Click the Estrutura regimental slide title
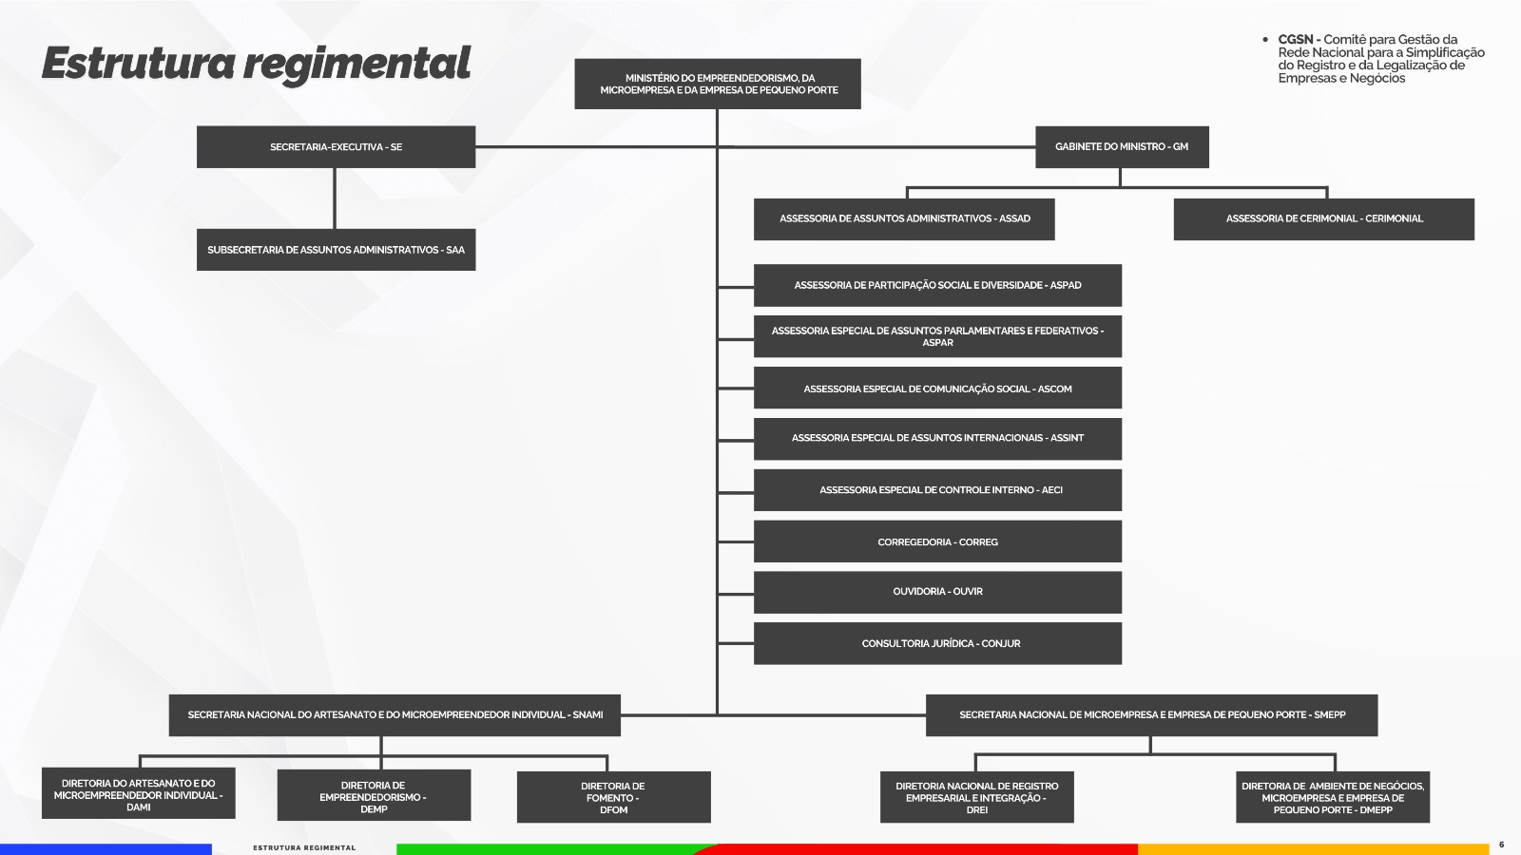(256, 64)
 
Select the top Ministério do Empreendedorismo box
(718, 84)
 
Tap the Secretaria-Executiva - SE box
(336, 147)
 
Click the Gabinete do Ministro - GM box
(1122, 147)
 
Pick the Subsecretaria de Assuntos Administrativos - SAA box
(336, 250)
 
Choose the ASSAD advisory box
(904, 218)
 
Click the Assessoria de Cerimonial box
(1323, 218)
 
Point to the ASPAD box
(937, 285)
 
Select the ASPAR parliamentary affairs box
(937, 336)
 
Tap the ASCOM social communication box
(937, 389)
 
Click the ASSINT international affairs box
(937, 438)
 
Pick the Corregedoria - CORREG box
(937, 541)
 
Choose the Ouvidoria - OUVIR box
(937, 591)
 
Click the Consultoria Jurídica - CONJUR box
(937, 643)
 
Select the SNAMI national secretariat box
(395, 714)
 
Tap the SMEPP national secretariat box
(1151, 714)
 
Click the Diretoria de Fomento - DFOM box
(613, 797)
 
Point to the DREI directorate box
(976, 797)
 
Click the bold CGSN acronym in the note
(1295, 40)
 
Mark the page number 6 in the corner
(1501, 844)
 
